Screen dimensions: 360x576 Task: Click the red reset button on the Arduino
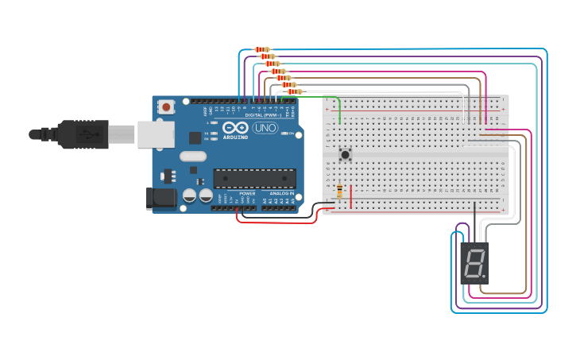pos(166,106)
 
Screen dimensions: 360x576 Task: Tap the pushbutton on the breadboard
pos(345,154)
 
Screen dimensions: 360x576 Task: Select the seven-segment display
pos(474,263)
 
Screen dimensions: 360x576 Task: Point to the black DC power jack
pos(162,198)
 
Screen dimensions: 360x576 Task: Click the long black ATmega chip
pos(254,178)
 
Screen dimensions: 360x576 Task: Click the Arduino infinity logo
pos(235,127)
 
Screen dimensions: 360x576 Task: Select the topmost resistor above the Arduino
pos(262,49)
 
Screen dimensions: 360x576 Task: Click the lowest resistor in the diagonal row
pos(295,91)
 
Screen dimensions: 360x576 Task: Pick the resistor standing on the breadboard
pos(340,191)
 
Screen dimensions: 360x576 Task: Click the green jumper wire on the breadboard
pos(340,110)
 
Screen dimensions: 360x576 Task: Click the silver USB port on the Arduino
pos(156,134)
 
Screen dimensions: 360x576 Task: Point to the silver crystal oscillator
pos(192,157)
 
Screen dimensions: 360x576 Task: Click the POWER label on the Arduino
pos(247,193)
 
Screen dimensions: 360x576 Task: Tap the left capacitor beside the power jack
pos(190,195)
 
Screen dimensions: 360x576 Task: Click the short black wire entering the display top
pos(474,223)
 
